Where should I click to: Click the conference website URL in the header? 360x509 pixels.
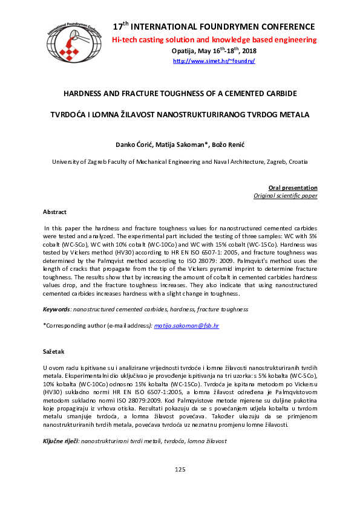[214, 61]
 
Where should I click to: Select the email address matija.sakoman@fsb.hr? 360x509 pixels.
[186, 326]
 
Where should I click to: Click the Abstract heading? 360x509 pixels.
[54, 212]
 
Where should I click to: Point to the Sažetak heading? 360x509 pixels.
[53, 351]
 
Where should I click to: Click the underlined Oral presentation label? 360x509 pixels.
[293, 188]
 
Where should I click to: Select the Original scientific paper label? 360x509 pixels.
[285, 196]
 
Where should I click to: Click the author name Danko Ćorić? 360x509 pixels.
[133, 145]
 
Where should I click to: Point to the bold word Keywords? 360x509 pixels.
[57, 310]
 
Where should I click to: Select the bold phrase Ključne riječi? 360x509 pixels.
[61, 443]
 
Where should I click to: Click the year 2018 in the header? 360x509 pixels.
[249, 51]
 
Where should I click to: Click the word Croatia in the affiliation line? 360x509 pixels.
[296, 162]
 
